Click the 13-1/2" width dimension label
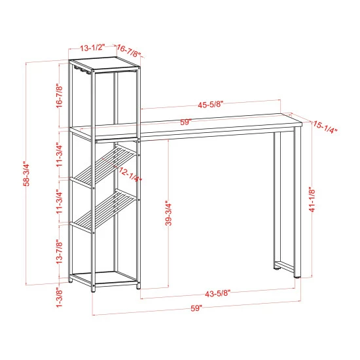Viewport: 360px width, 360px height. tap(92, 48)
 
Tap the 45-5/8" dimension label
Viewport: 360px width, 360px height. tap(211, 105)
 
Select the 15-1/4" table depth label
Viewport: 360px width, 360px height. tap(325, 128)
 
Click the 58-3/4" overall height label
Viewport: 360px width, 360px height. tap(27, 174)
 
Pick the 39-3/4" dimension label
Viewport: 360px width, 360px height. tap(169, 214)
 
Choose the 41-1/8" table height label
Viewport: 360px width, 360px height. tap(313, 199)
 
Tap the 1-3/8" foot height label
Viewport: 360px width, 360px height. tap(60, 298)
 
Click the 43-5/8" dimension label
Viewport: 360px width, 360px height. tap(217, 293)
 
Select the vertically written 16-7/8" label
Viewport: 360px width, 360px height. tap(60, 96)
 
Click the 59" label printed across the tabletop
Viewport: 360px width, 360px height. tap(186, 122)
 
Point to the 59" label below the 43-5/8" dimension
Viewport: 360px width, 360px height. tap(196, 308)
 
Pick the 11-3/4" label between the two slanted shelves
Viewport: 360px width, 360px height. tap(60, 202)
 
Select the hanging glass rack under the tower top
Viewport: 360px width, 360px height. tap(82, 69)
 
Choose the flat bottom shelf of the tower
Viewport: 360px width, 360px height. tap(105, 278)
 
